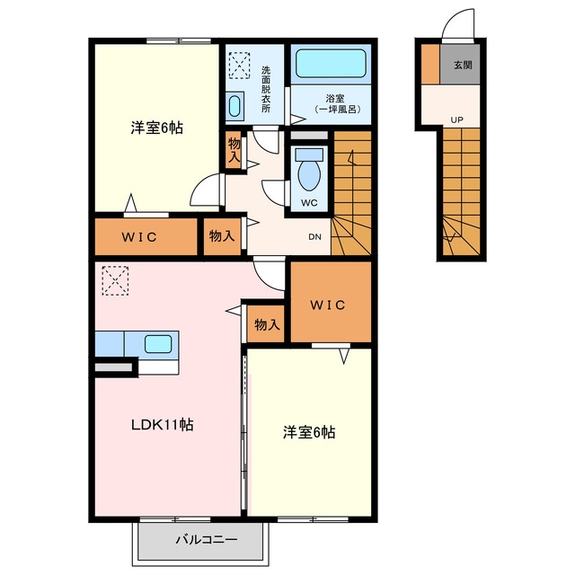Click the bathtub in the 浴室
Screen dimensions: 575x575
[x=331, y=63]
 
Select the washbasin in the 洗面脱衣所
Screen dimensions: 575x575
[x=234, y=106]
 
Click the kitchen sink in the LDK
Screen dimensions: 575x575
[x=158, y=344]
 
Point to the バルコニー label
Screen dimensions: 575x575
[x=207, y=539]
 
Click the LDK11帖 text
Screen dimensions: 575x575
[x=163, y=425]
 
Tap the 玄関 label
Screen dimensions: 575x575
[x=463, y=66]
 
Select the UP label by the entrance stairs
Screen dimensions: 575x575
[x=457, y=119]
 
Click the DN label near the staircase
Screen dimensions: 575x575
[x=314, y=237]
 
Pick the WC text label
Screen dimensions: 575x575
[x=309, y=203]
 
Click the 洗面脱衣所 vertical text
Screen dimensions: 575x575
[x=266, y=89]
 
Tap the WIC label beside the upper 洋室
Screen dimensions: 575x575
[x=139, y=237]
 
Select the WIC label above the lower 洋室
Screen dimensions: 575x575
[x=328, y=305]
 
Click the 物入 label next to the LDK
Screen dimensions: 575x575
[x=267, y=324]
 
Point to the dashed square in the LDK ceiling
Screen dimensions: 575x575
[x=115, y=280]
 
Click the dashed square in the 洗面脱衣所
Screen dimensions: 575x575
[x=240, y=66]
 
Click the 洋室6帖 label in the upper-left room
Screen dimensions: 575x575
[x=157, y=128]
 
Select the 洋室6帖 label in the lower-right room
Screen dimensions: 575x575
[x=309, y=432]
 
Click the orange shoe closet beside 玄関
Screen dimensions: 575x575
[x=430, y=64]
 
